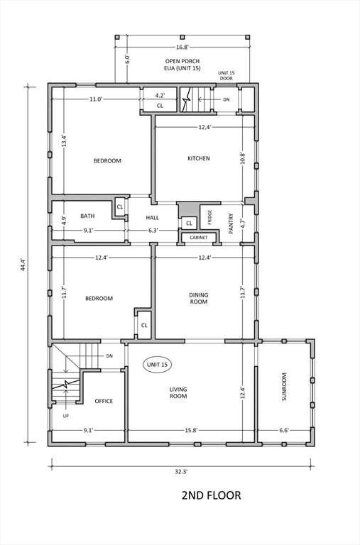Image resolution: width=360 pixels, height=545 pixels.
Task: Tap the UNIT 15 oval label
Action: [157, 365]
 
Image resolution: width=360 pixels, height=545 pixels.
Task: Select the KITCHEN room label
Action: [198, 158]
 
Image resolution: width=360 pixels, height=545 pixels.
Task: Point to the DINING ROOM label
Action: [198, 298]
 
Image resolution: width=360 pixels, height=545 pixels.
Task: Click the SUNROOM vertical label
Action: [284, 387]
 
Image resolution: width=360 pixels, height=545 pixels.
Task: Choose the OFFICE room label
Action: [104, 401]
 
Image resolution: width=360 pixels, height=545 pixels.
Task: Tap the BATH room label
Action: [87, 216]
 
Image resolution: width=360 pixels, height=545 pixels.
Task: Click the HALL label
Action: [153, 218]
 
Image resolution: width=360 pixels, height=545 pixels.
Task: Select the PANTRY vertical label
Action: [231, 224]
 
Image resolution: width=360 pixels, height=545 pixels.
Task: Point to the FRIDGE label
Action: [210, 217]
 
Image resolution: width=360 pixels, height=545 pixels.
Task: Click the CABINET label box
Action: [199, 238]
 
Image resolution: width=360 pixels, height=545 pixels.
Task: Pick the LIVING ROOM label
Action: [178, 392]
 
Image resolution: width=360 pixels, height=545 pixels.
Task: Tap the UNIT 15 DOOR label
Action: [226, 76]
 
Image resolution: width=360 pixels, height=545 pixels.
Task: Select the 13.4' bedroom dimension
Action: [63, 141]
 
